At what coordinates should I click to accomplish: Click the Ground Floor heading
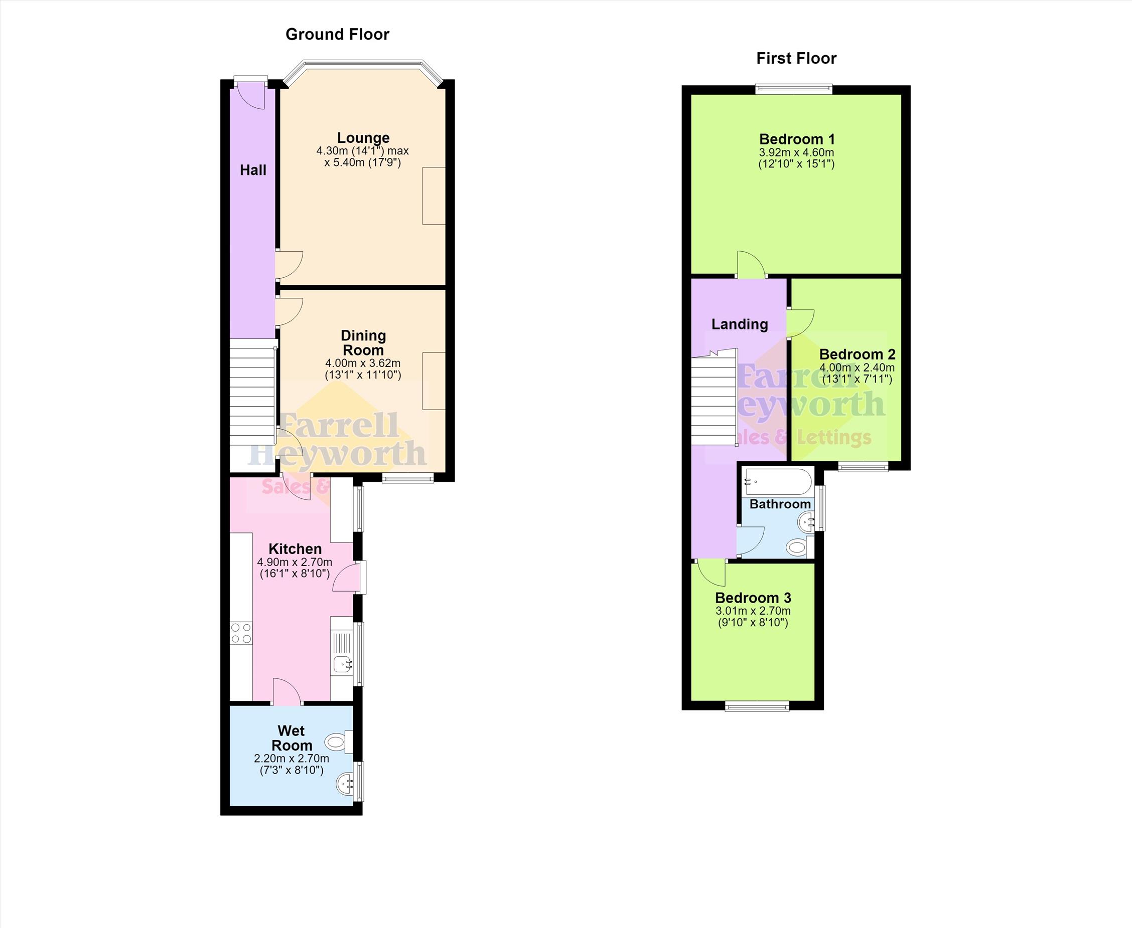tap(337, 34)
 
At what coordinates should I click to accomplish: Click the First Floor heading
tap(796, 58)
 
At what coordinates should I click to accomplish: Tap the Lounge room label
tap(363, 138)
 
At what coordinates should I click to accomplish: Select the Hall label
tap(253, 170)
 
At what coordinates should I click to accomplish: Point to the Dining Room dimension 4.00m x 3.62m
tap(363, 363)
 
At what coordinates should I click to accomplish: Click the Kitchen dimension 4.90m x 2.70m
tap(295, 563)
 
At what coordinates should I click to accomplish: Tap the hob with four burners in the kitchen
tap(241, 633)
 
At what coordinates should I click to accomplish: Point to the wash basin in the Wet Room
tap(345, 784)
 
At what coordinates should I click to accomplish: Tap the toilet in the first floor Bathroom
tap(799, 547)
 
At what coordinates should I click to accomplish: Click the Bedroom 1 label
tap(797, 139)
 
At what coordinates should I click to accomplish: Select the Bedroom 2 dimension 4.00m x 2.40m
tap(857, 368)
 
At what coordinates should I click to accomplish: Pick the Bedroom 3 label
tap(753, 598)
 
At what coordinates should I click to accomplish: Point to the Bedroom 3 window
tap(757, 706)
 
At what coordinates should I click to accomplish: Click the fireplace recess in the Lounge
tap(434, 196)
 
